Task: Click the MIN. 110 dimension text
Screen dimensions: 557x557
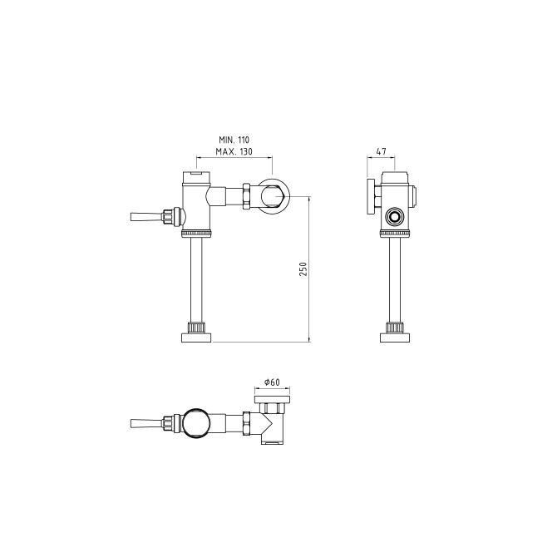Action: [x=234, y=140]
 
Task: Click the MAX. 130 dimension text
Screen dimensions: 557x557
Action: [x=234, y=151]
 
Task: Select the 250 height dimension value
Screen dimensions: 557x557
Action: [x=303, y=269]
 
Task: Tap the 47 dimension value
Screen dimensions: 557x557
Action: [x=381, y=151]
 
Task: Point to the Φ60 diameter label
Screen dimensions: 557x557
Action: [x=272, y=382]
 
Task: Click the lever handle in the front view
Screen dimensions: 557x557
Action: [x=146, y=217]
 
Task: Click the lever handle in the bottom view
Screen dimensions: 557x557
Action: [x=146, y=423]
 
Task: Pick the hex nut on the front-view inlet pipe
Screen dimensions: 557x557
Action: [x=247, y=196]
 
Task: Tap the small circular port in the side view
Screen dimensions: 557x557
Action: [x=394, y=216]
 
